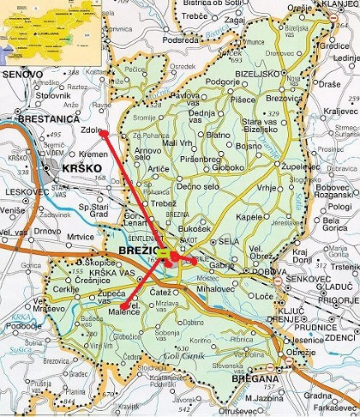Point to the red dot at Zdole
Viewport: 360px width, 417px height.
(99, 132)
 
